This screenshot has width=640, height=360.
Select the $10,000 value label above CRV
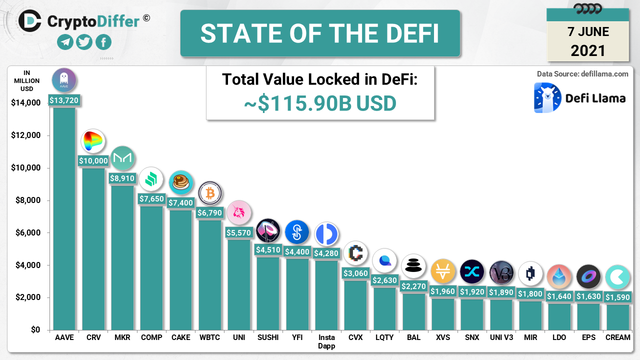(x=93, y=160)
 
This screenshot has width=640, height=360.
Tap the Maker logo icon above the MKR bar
(x=122, y=158)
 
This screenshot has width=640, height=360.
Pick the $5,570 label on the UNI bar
(x=239, y=232)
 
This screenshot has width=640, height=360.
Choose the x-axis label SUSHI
(x=268, y=337)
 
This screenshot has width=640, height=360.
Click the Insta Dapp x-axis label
(x=326, y=341)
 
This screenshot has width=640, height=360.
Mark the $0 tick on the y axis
(x=34, y=330)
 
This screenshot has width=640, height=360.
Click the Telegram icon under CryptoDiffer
(x=65, y=42)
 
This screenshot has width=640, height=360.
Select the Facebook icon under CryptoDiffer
(x=103, y=42)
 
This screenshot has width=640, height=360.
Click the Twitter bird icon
(x=84, y=42)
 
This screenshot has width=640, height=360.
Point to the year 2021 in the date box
(x=588, y=50)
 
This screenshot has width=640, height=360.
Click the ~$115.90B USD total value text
(x=320, y=103)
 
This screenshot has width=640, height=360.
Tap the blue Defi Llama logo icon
(x=547, y=97)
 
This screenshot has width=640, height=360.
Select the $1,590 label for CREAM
(x=618, y=297)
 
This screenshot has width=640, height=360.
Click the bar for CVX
(x=355, y=305)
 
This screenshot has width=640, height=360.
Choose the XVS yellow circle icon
(x=443, y=271)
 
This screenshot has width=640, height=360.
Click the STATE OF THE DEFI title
(x=320, y=33)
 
